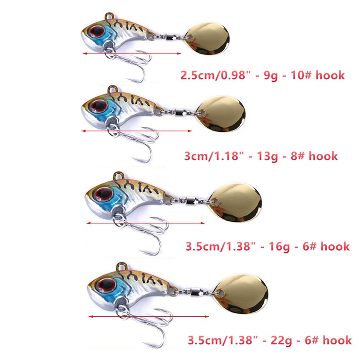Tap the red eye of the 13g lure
coord(96,106)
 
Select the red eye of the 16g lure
coord(102,194)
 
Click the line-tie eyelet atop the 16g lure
coord(117,175)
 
